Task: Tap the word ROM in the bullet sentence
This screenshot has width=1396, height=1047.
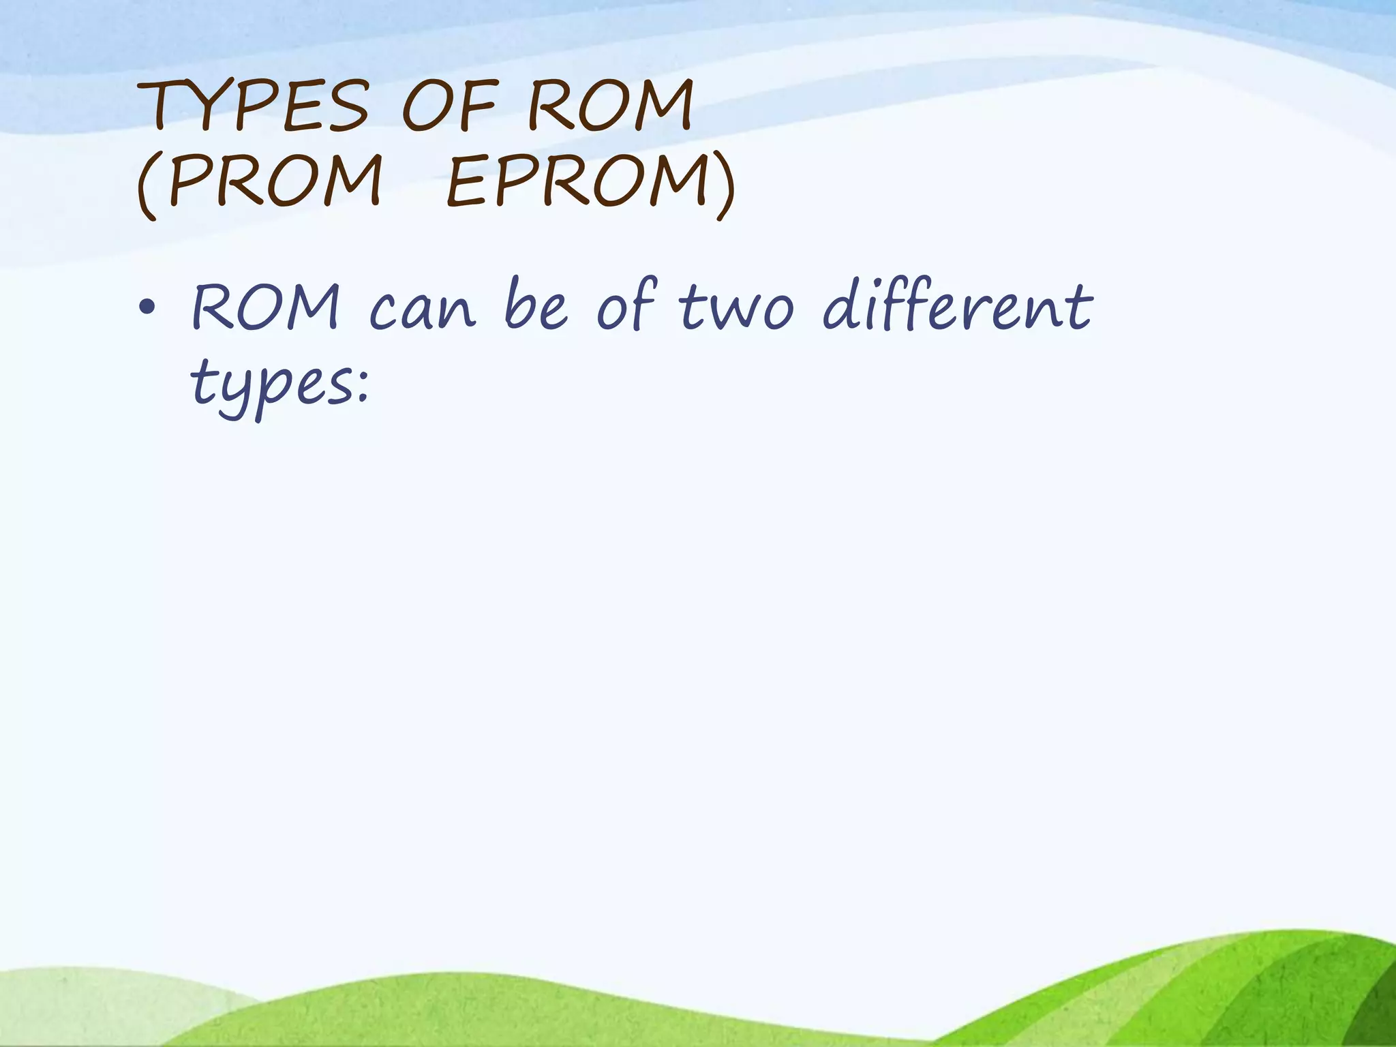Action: [265, 307]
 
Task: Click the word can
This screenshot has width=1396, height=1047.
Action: [422, 310]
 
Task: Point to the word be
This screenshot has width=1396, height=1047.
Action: [536, 307]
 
